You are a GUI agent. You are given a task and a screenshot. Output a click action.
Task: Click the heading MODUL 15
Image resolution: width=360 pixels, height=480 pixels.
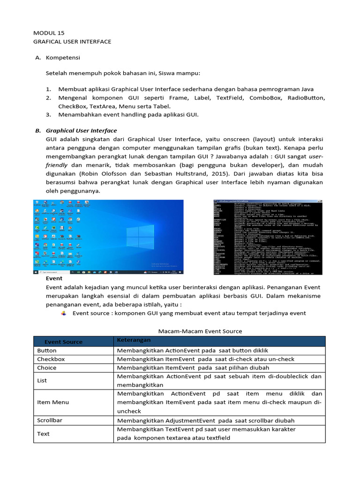click(x=49, y=33)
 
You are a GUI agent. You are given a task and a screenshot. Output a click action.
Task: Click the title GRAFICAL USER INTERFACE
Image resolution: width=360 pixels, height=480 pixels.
click(x=72, y=42)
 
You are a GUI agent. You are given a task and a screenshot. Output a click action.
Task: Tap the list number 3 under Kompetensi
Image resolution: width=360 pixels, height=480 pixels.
click(x=48, y=114)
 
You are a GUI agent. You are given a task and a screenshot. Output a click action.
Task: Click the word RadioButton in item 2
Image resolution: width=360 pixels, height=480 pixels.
click(x=305, y=97)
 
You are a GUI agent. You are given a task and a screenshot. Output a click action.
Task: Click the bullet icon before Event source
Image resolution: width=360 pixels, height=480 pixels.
click(x=64, y=313)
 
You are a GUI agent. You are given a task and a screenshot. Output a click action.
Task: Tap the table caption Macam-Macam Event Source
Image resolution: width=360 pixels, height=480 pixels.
click(x=200, y=331)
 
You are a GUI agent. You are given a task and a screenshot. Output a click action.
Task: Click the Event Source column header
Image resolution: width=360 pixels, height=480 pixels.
click(x=63, y=342)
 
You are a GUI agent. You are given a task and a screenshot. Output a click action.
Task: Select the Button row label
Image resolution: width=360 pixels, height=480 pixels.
click(x=47, y=351)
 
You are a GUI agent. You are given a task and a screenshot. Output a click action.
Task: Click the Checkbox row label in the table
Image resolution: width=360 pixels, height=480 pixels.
click(x=51, y=359)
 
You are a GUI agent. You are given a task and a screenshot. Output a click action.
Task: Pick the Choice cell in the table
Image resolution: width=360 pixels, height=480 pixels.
click(x=47, y=368)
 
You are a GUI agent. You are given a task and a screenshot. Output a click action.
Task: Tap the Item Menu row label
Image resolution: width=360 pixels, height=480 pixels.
click(x=53, y=402)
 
